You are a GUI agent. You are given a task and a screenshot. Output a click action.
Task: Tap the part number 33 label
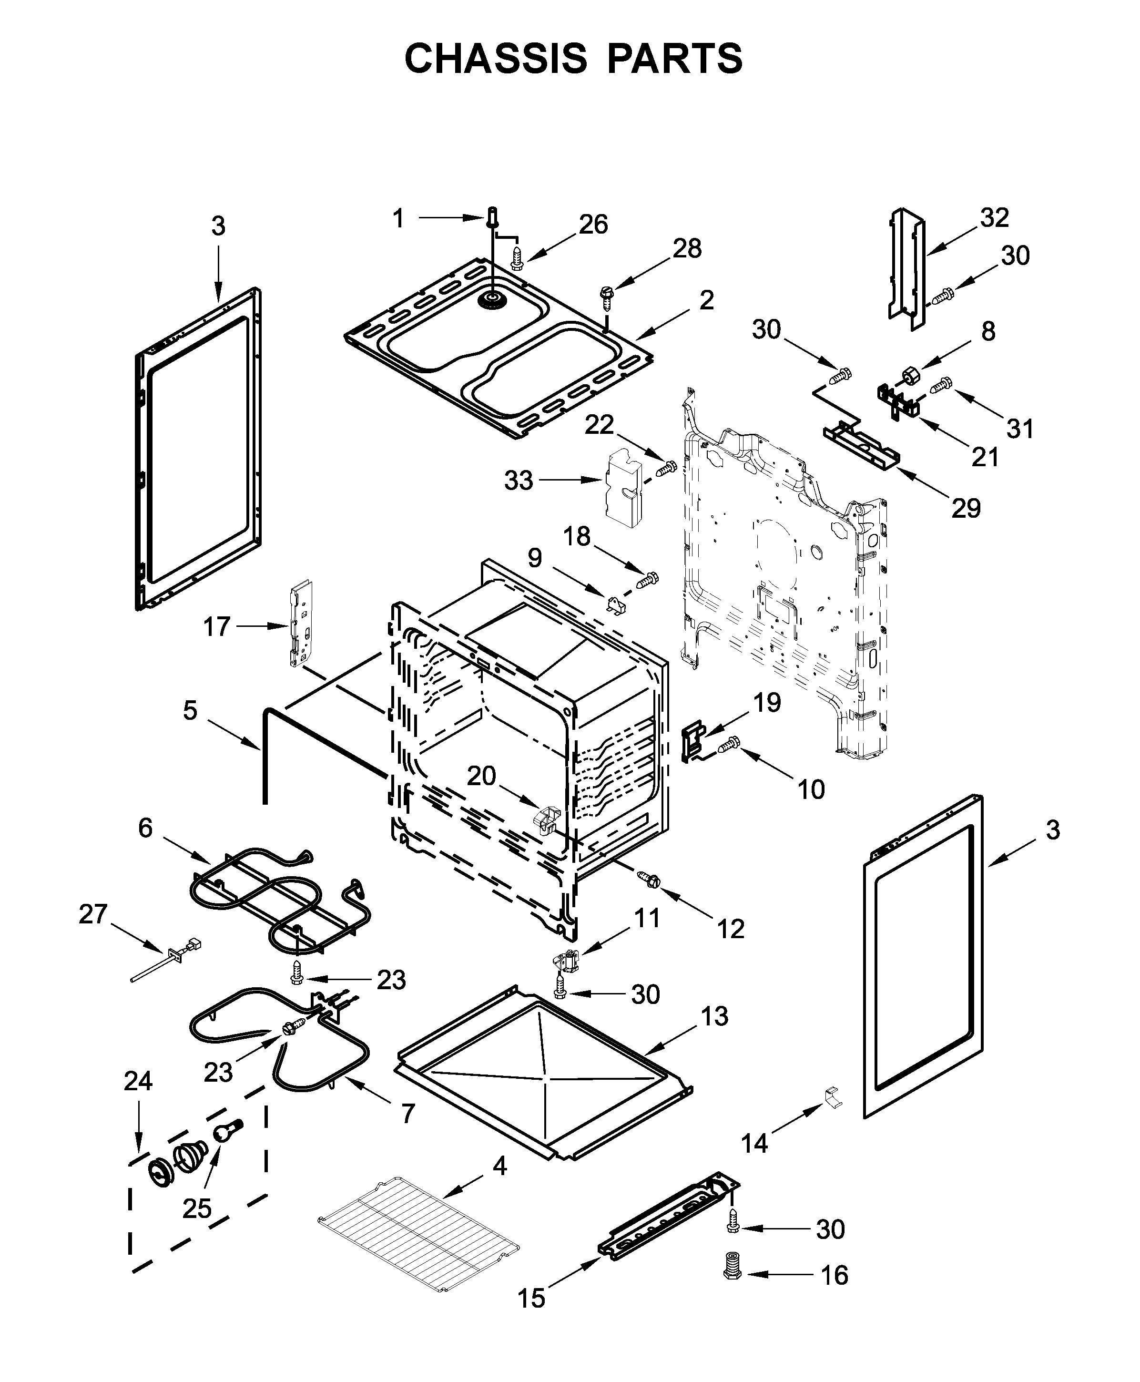click(x=518, y=481)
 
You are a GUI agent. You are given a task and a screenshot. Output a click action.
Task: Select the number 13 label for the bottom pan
click(x=714, y=1016)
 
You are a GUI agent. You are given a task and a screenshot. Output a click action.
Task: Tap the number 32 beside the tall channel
click(x=994, y=217)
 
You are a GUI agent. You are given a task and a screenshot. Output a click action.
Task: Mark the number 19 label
click(x=766, y=703)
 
